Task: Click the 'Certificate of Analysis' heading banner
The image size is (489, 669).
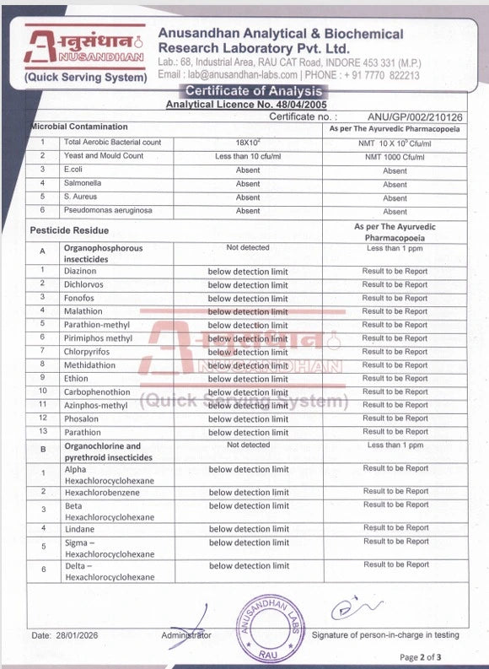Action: coord(253,91)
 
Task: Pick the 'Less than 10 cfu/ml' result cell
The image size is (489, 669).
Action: coord(249,156)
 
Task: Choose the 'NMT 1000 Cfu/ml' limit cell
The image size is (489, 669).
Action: coord(395,157)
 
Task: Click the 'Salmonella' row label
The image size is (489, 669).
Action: coord(82,184)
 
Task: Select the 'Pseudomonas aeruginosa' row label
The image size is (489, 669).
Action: coord(105,211)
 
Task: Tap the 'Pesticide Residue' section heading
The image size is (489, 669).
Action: coord(70,229)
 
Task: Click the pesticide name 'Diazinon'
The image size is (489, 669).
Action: coord(81,272)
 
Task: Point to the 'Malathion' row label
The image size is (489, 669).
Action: coord(83,311)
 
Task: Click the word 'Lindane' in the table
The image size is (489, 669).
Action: coord(79,529)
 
